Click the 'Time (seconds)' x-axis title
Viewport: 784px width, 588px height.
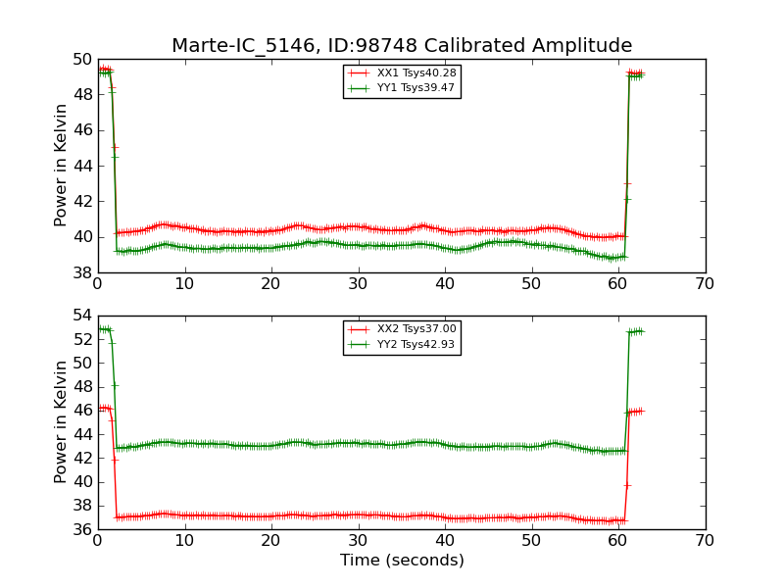point(402,561)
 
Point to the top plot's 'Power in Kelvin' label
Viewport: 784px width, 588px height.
point(61,165)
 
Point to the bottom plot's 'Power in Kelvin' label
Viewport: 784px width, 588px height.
point(61,421)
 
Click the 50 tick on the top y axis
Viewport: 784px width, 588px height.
point(81,59)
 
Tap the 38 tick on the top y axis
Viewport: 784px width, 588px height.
point(81,272)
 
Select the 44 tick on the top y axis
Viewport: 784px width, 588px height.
point(81,166)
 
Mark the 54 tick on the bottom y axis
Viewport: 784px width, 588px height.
point(81,316)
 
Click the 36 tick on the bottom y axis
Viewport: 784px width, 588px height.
point(81,529)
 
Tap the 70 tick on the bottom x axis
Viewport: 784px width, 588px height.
point(705,541)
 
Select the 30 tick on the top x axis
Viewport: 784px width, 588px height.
point(358,284)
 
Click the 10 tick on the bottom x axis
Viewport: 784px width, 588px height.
point(184,541)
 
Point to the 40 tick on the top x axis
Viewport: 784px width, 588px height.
point(445,284)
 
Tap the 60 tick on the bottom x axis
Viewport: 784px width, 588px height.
point(618,541)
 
